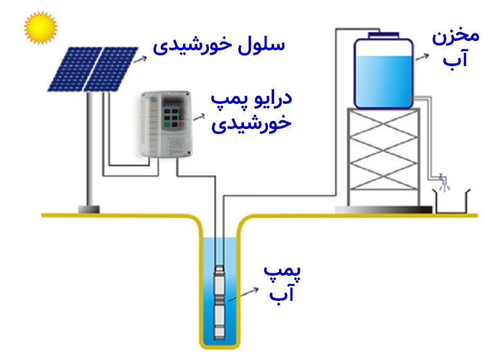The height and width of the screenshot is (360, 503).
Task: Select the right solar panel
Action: tap(111, 67)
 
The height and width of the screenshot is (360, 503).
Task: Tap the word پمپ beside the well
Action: tap(280, 273)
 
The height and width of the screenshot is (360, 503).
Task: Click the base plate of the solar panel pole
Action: tap(89, 209)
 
